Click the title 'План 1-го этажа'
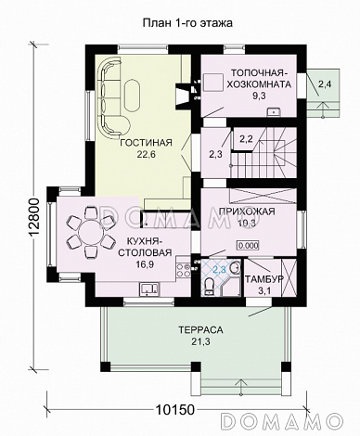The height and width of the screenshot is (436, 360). click(187, 23)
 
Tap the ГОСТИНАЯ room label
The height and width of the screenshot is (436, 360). click(146, 143)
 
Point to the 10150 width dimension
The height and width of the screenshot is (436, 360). click(175, 410)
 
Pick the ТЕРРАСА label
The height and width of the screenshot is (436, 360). click(200, 330)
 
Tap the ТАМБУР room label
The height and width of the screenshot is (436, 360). click(264, 279)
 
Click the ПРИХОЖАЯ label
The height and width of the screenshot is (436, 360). click(247, 212)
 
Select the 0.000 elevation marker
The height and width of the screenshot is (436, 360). click(248, 246)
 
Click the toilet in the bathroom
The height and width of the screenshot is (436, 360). click(210, 285)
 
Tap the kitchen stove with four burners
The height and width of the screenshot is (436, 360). click(183, 269)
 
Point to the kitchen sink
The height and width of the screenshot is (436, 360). click(149, 289)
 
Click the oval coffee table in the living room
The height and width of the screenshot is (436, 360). click(133, 96)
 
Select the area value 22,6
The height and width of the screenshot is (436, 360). click(146, 154)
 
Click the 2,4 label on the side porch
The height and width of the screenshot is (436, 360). click(324, 84)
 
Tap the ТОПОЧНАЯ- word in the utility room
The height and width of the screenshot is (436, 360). click(259, 73)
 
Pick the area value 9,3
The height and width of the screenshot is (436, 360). click(259, 96)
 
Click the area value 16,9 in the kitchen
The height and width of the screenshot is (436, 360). click(146, 263)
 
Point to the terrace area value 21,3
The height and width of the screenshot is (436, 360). click(200, 341)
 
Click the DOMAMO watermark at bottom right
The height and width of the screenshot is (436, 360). click(282, 420)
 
